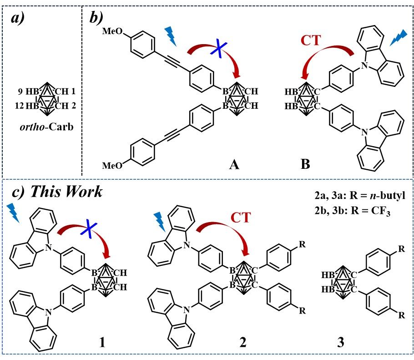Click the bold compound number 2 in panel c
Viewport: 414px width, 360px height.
pos(243,340)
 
